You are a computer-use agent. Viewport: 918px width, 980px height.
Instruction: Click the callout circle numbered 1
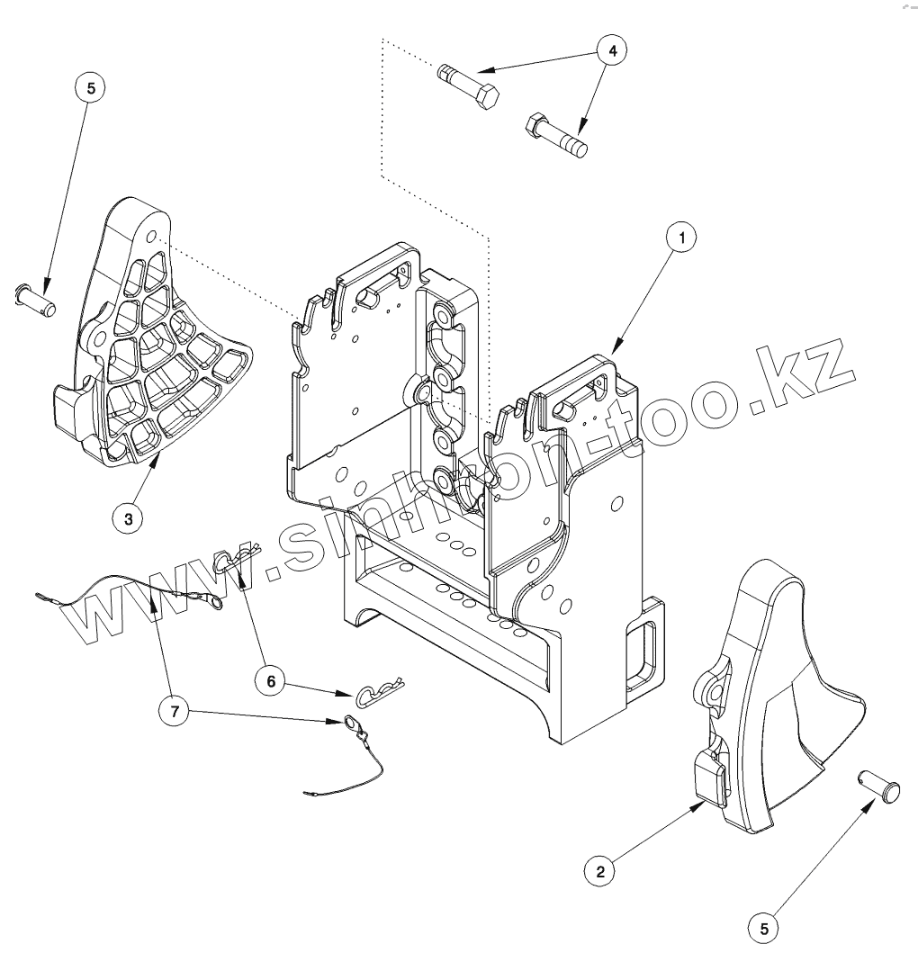(x=682, y=238)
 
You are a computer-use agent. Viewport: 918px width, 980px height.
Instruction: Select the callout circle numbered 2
(x=600, y=870)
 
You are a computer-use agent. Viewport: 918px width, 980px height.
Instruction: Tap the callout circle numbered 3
(x=129, y=518)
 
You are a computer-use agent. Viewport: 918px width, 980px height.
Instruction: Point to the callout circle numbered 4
(x=613, y=51)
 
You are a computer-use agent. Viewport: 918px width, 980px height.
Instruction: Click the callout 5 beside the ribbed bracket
(x=90, y=88)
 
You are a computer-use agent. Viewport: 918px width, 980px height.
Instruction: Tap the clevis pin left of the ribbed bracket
(x=37, y=298)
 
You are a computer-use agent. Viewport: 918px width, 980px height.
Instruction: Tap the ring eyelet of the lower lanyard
(x=349, y=722)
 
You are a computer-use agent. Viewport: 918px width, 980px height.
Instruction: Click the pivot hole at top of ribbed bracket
(x=152, y=237)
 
